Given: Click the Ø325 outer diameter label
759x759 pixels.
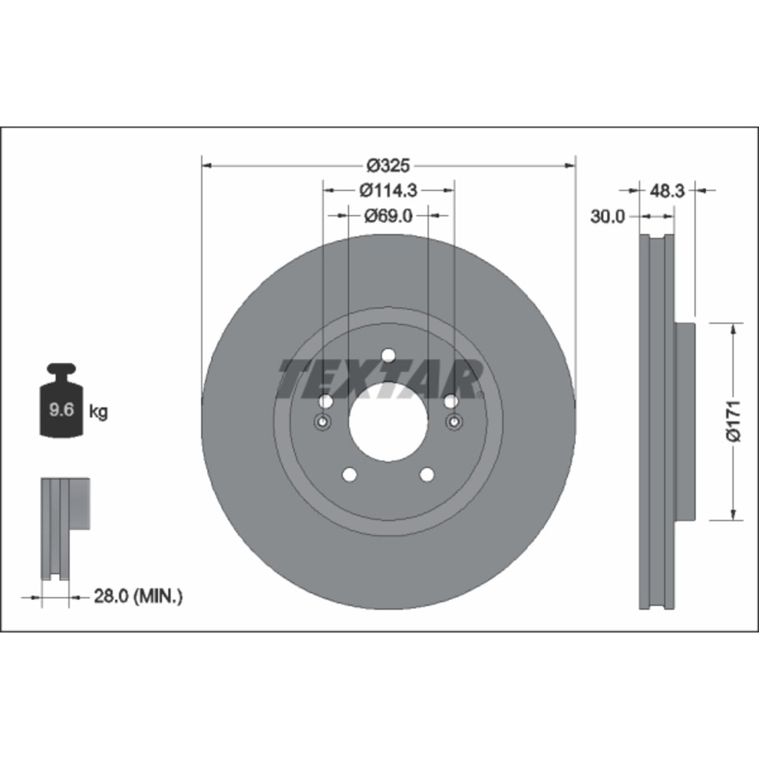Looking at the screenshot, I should (x=388, y=166).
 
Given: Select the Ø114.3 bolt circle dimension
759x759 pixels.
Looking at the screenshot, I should (x=388, y=190).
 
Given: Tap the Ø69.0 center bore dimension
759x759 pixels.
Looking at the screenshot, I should (x=388, y=216).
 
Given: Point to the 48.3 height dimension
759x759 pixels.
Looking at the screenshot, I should (x=667, y=190).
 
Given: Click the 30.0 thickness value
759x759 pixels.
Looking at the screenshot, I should (x=607, y=216).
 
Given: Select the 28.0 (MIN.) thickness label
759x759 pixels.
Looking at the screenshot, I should (x=138, y=596).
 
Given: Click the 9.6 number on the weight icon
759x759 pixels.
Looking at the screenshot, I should (x=62, y=410).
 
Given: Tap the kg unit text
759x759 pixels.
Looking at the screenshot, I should (x=98, y=412).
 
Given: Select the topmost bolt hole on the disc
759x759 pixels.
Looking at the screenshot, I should (x=388, y=355).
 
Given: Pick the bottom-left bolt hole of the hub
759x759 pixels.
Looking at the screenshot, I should (x=349, y=474).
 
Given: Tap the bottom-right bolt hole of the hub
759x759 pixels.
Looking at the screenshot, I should (x=428, y=474).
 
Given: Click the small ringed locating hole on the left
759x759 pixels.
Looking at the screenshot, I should (x=323, y=423).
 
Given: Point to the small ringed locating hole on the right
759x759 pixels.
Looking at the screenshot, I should (x=454, y=423).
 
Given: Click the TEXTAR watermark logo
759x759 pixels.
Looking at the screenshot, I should (x=379, y=379).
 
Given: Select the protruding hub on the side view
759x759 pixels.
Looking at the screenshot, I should (x=684, y=421).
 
